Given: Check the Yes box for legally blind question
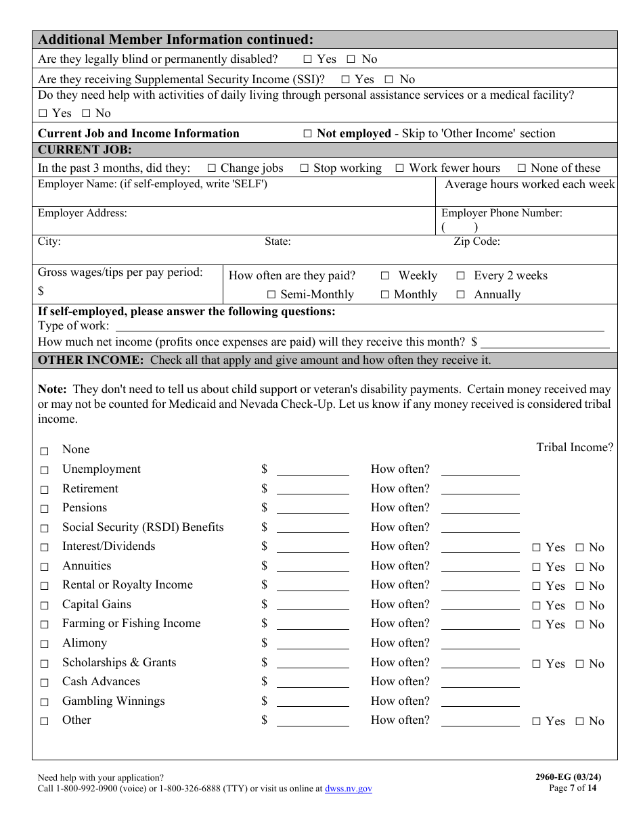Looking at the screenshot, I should [x=308, y=60].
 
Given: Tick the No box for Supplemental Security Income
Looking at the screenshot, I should [x=389, y=80].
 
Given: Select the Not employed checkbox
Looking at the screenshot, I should [x=307, y=134].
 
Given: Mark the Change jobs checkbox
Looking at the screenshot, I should [x=212, y=168].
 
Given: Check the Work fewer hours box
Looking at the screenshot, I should [x=400, y=168].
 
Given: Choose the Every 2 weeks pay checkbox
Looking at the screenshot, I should [x=460, y=276].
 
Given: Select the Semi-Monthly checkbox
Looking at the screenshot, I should [x=271, y=295].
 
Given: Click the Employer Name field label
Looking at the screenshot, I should [x=152, y=184].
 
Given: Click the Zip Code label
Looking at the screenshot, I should [x=476, y=241].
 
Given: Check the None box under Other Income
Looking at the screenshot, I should [x=45, y=451].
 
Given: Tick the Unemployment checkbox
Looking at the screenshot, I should [x=45, y=470].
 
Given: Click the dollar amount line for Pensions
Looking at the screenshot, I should [x=313, y=509].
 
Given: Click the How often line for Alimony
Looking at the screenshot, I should [x=480, y=645].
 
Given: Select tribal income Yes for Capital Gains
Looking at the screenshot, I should [x=537, y=605].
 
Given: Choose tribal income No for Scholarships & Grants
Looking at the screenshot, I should [x=579, y=664].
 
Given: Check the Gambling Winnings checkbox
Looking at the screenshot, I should [x=45, y=702].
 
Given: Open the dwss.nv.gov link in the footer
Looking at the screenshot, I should [x=348, y=789].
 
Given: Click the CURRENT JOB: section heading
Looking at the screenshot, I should [x=85, y=150].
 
